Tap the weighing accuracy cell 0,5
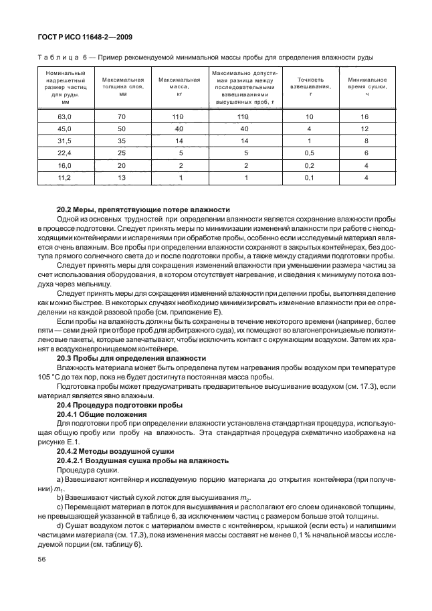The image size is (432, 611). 310,153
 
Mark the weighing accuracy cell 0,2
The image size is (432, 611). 310,165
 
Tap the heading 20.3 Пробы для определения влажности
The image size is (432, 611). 131,359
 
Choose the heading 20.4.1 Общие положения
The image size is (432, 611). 101,414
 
